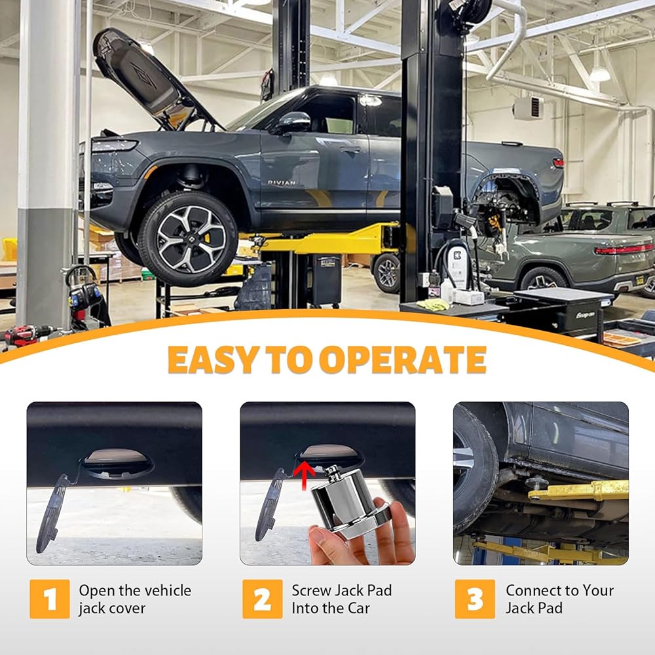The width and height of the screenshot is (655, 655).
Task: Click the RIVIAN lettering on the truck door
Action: click(282, 183)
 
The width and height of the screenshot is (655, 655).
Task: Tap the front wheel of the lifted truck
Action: click(189, 239)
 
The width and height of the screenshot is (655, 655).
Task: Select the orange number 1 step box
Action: click(50, 599)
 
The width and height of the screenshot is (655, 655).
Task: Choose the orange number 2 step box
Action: click(263, 599)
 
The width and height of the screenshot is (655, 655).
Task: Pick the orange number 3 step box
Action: click(475, 599)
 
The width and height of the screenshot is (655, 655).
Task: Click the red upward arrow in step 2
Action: click(304, 474)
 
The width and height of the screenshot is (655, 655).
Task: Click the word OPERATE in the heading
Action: click(403, 360)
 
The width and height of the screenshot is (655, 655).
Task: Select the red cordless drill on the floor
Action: click(25, 335)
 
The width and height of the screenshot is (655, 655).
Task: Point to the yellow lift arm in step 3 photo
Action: click(578, 491)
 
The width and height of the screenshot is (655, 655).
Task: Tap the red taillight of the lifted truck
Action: click(559, 162)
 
